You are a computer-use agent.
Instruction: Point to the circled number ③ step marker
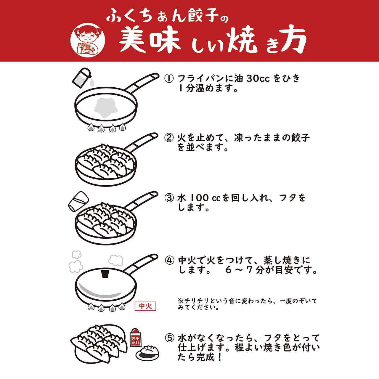[x=169, y=198]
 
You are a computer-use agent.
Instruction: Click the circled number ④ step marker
[x=169, y=261]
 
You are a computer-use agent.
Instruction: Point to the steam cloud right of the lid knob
[x=116, y=260]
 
